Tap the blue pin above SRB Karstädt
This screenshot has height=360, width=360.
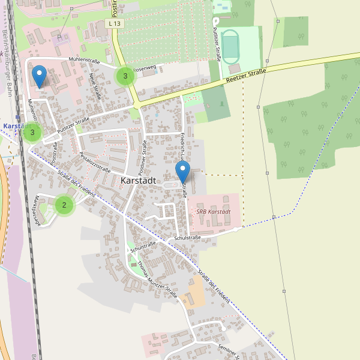point(182,171)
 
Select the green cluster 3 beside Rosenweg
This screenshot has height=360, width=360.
point(125,76)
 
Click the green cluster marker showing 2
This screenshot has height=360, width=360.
point(64,205)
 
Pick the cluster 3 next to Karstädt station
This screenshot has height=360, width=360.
point(32,133)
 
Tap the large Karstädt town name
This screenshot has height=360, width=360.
point(138,180)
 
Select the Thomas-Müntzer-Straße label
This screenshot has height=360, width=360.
point(157,279)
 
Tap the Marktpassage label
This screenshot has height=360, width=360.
point(37,210)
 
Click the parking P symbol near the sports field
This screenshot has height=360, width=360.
point(215,21)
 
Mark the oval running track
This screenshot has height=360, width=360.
point(231,45)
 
